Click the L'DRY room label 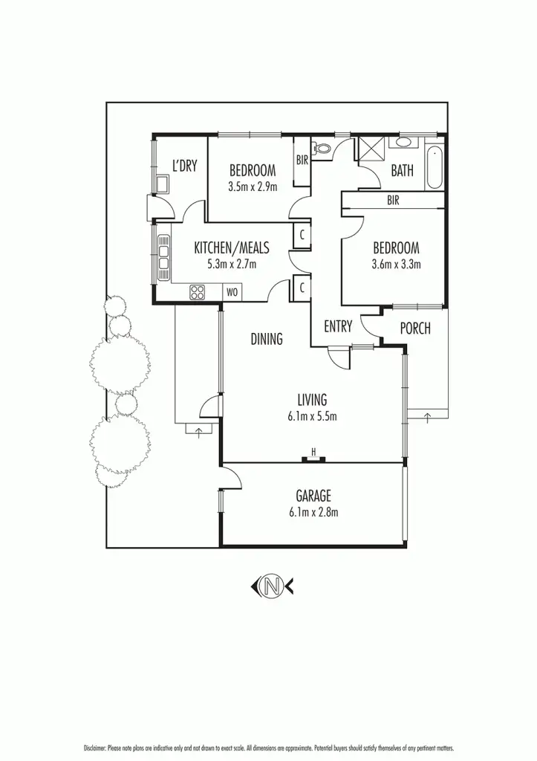click(x=184, y=166)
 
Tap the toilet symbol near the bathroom click(x=322, y=149)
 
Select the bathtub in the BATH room click(x=435, y=169)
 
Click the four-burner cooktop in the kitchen click(x=198, y=292)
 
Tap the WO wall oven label click(x=232, y=293)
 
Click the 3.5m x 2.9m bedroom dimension click(x=253, y=187)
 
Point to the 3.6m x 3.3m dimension click(x=397, y=263)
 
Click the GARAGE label click(x=313, y=496)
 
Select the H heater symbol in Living click(x=314, y=453)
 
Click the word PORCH click(x=415, y=328)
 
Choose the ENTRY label click(x=338, y=326)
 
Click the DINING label click(x=266, y=339)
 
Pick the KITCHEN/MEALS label click(x=231, y=247)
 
